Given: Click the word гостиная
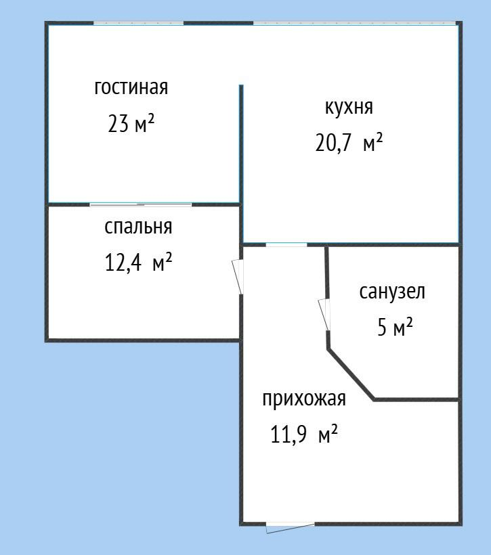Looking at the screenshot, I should [x=131, y=88].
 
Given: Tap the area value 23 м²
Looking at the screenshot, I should [x=131, y=124].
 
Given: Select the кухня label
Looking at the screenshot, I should [x=349, y=107].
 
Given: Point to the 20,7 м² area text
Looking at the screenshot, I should [x=349, y=143].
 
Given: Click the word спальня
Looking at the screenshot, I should [x=138, y=227].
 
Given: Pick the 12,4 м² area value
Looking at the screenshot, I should [x=138, y=263].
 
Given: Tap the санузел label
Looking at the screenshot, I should [x=392, y=292].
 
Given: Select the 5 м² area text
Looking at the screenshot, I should [x=395, y=328].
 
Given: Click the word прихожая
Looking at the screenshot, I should [x=304, y=399].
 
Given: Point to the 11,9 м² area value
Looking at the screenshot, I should [x=304, y=434].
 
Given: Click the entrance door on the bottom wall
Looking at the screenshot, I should [x=290, y=525].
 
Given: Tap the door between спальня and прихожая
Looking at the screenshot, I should [x=238, y=277].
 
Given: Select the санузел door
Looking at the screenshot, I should [x=325, y=315].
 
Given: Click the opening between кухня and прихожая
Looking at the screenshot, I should [x=286, y=244].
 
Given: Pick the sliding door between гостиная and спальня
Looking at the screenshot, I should [x=141, y=204].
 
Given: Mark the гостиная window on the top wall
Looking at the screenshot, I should [x=138, y=24].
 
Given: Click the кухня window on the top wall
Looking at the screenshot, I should [x=355, y=24].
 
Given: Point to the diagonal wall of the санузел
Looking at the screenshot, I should [x=351, y=375].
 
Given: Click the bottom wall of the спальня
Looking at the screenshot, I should [x=142, y=340].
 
